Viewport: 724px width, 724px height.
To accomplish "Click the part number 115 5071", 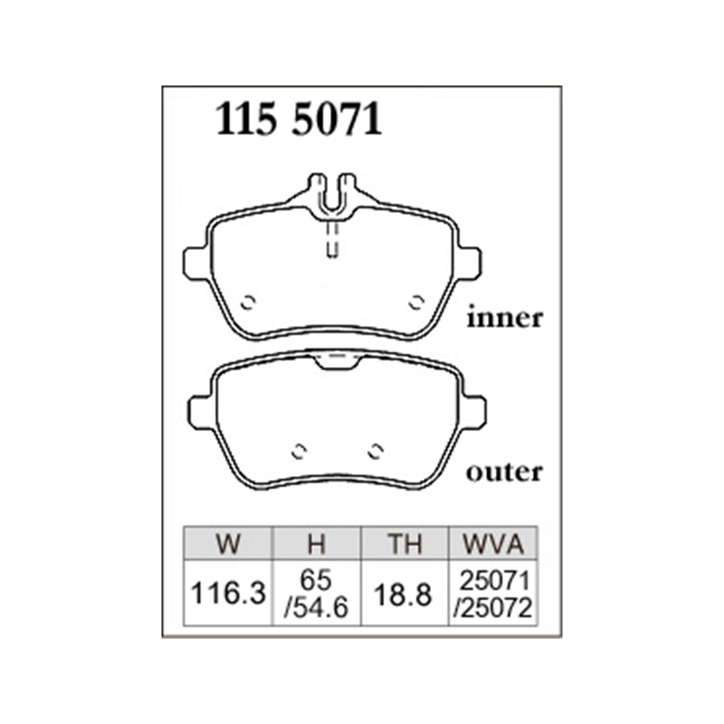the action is [x=299, y=119].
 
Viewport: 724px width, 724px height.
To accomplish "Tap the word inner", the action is [x=505, y=317].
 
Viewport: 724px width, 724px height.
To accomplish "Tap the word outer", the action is [x=504, y=472].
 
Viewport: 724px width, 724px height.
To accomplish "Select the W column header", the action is [x=228, y=544].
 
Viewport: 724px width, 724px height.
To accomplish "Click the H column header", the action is [x=317, y=544].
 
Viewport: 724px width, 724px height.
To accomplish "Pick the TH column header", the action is [x=405, y=544].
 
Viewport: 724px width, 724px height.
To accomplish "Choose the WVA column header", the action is [x=493, y=544].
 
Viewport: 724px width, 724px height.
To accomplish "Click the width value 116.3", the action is [x=228, y=594].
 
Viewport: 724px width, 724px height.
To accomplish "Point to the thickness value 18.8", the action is [x=403, y=594].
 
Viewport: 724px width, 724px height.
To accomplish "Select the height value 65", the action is [x=316, y=579].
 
